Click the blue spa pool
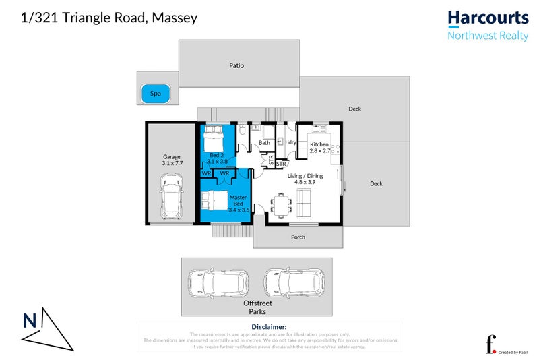(x=156, y=95)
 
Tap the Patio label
(x=236, y=66)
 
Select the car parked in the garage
(x=171, y=196)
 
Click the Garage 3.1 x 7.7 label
(x=172, y=160)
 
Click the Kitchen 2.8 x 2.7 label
(x=319, y=148)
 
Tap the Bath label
(x=264, y=143)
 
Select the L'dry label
(x=291, y=143)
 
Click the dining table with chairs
(x=280, y=203)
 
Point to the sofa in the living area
(x=305, y=203)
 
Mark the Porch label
(x=298, y=237)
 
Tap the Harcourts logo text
(x=488, y=18)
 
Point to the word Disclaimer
(x=269, y=326)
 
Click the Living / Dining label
(x=305, y=176)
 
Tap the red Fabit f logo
(x=492, y=343)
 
